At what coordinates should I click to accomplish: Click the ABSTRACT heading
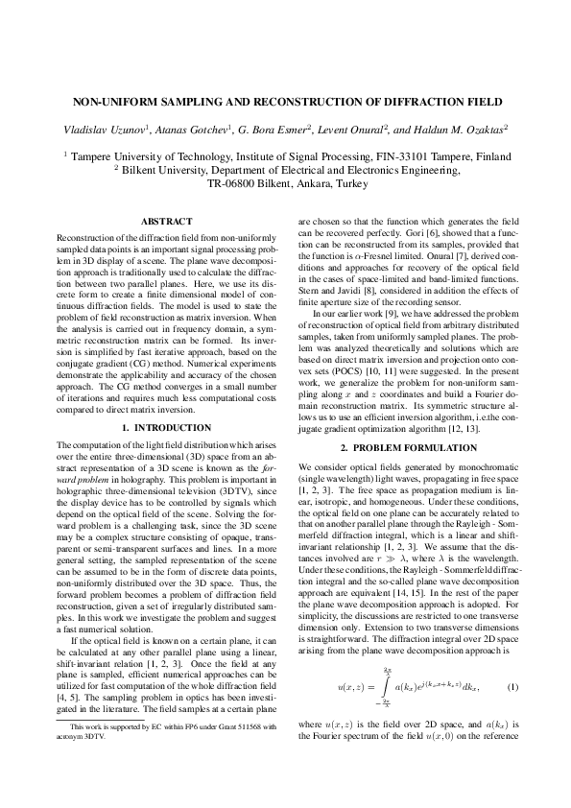pos(167,222)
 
